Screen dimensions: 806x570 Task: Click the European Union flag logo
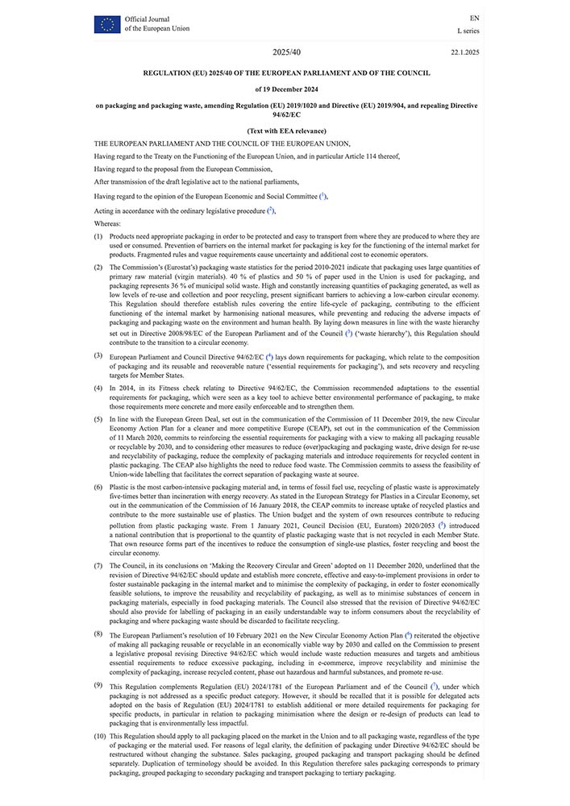pos(106,23)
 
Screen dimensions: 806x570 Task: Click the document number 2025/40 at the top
pos(286,52)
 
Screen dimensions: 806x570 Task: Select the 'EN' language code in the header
pos(474,18)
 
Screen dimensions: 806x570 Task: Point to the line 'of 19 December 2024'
pos(286,89)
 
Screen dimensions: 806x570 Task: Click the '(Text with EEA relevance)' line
pos(286,131)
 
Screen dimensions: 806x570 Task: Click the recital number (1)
pos(98,236)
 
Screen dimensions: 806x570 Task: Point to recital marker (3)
pos(98,355)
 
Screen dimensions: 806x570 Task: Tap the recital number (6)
pos(98,487)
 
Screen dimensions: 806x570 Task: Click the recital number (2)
pos(98,266)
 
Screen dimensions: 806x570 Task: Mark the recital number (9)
pos(98,685)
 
